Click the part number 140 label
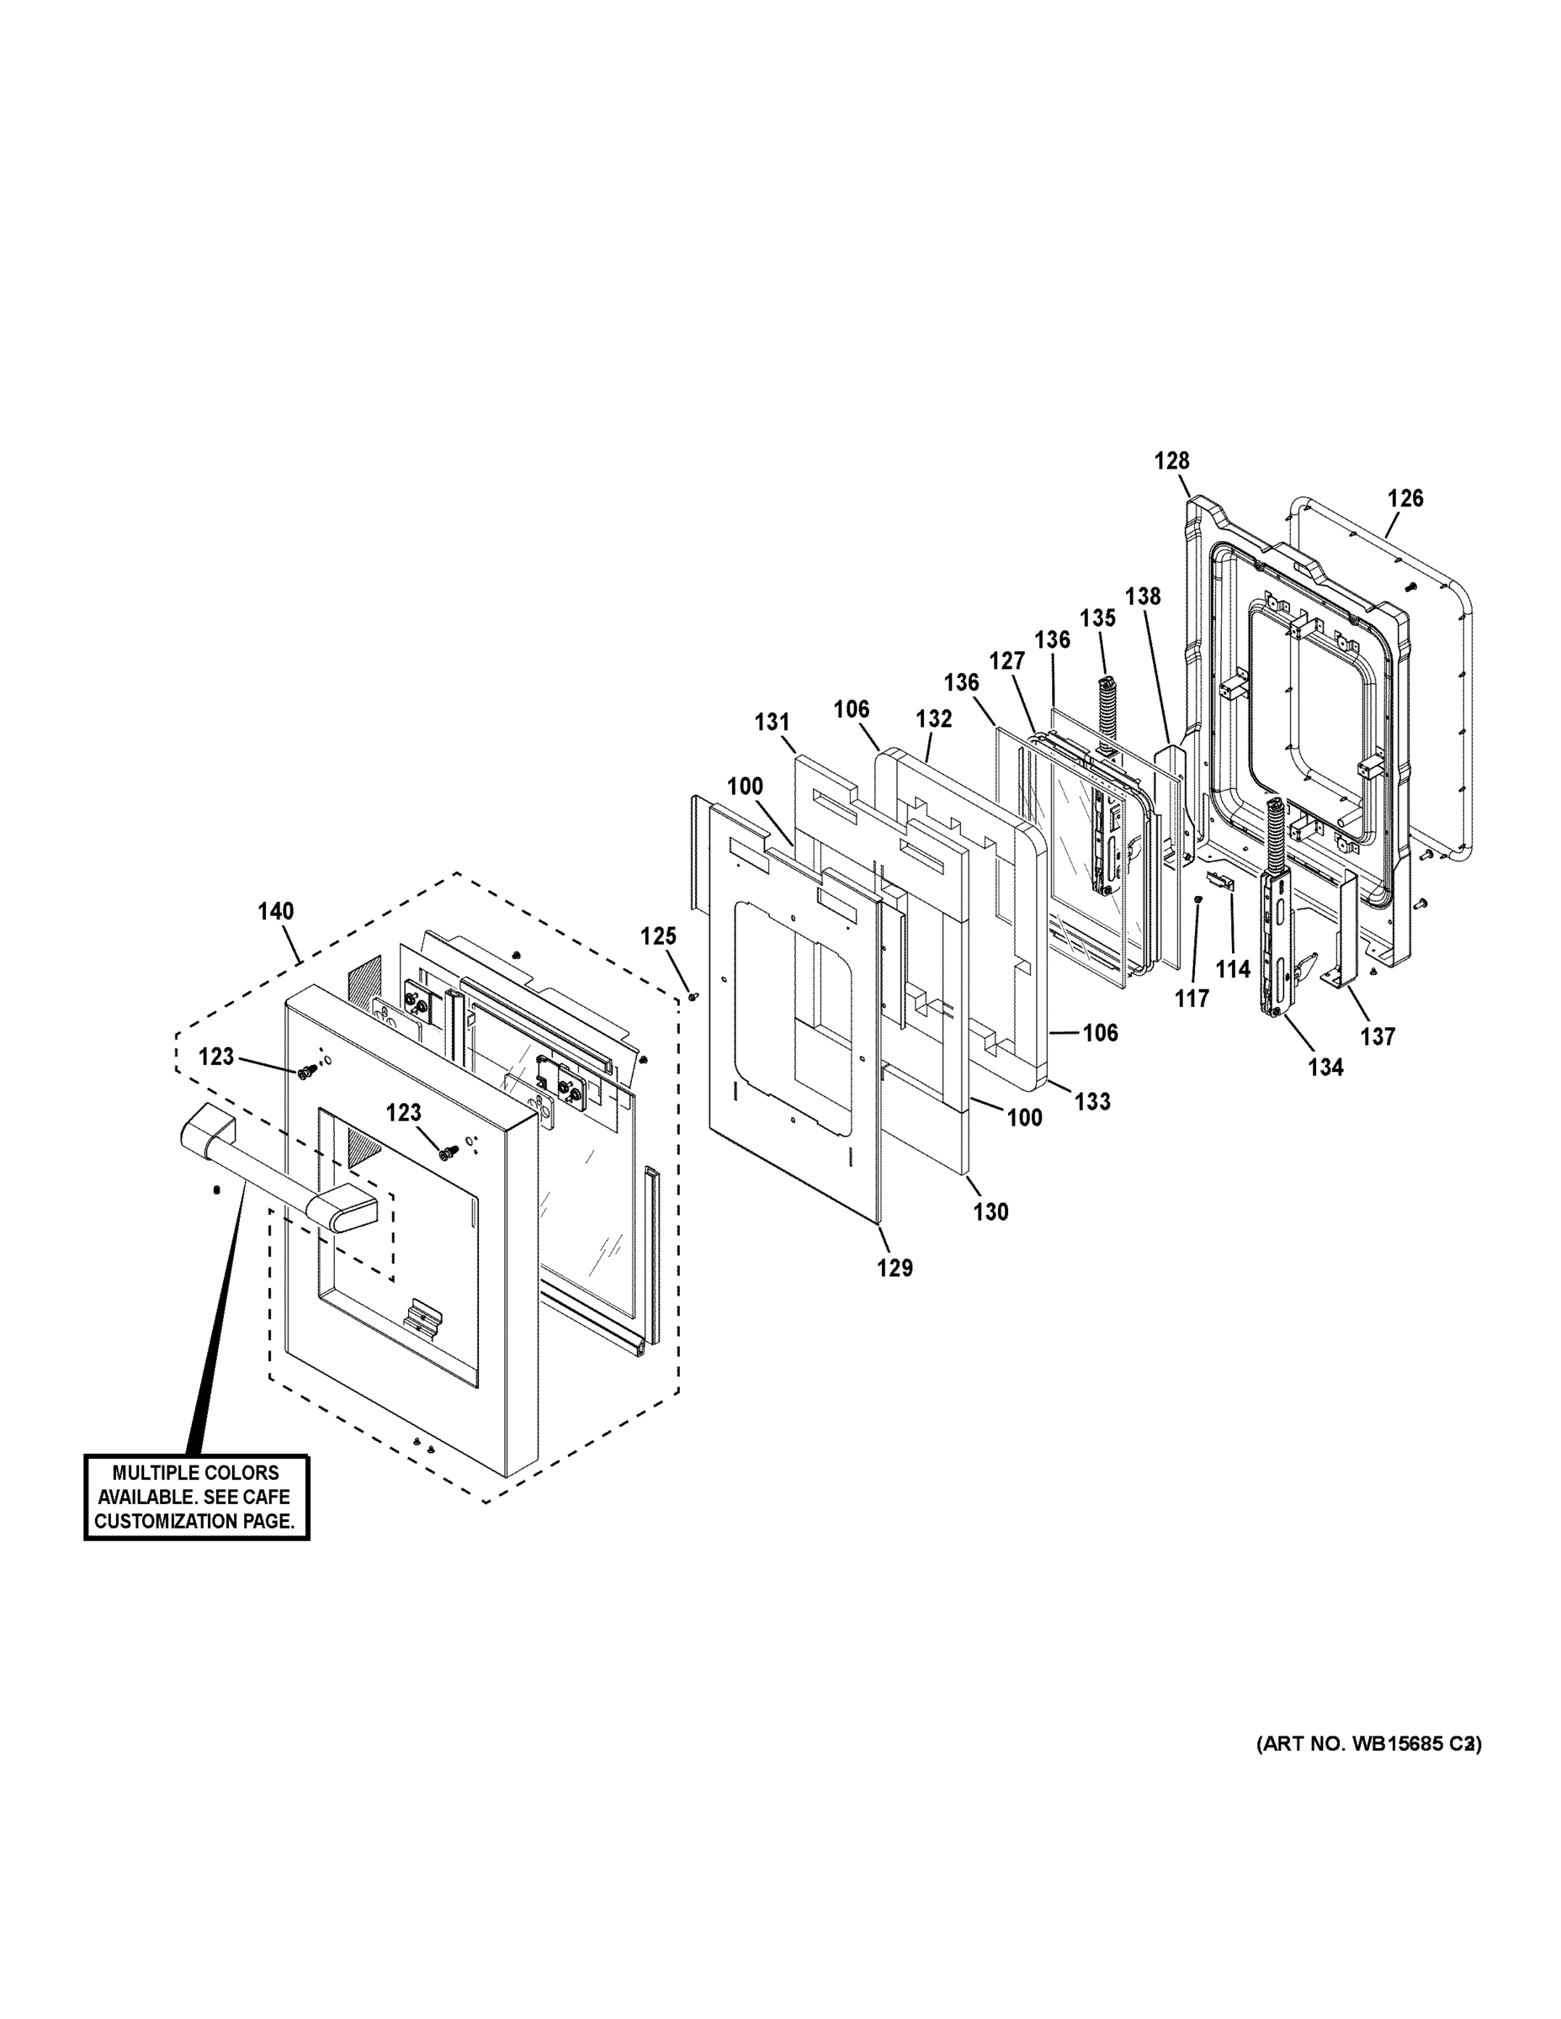pyautogui.click(x=275, y=912)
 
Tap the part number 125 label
pyautogui.click(x=658, y=936)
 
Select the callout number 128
pyautogui.click(x=1171, y=460)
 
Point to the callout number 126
pyautogui.click(x=1405, y=498)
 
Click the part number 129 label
pyautogui.click(x=895, y=1268)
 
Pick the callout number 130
pyautogui.click(x=990, y=1211)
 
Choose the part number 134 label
pyautogui.click(x=1325, y=1067)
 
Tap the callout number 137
pyautogui.click(x=1378, y=1036)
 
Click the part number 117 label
pyautogui.click(x=1192, y=999)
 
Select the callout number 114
pyautogui.click(x=1233, y=969)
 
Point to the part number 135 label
pyautogui.click(x=1097, y=617)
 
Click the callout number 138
pyautogui.click(x=1143, y=596)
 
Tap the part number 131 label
pyautogui.click(x=773, y=722)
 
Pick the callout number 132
pyautogui.click(x=934, y=718)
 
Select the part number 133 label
pyautogui.click(x=1092, y=1101)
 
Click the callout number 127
pyautogui.click(x=1007, y=661)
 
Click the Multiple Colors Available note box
pyautogui.click(x=196, y=1497)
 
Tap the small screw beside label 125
pyautogui.click(x=693, y=996)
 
